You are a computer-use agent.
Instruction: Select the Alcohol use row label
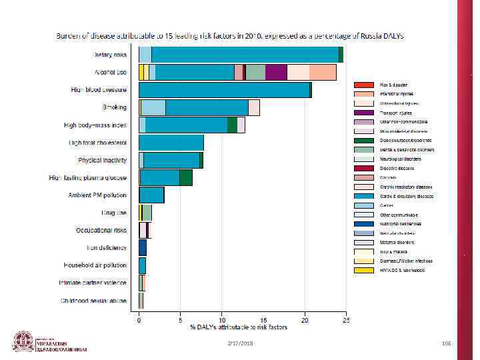pos(111,72)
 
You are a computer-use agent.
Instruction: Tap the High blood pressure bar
pos(224,89)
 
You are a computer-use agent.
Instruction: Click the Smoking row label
pos(115,107)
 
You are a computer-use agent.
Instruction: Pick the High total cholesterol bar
pos(171,142)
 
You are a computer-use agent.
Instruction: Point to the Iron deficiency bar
pos(142,247)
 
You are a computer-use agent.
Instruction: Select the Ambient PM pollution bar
pos(151,195)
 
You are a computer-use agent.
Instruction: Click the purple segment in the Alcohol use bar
pos(276,72)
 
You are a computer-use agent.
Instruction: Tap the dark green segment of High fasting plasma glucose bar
pos(186,177)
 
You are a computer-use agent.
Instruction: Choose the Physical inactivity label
pos(102,160)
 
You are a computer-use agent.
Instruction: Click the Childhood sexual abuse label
pos(93,301)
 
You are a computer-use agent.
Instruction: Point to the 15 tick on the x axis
pos(263,320)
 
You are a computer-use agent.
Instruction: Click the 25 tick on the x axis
pos(346,320)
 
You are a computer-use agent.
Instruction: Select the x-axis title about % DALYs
pos(239,327)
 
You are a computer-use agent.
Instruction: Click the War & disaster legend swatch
pos(363,85)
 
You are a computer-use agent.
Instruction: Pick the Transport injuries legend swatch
pos(363,113)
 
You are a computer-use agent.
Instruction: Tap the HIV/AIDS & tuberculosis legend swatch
pos(363,270)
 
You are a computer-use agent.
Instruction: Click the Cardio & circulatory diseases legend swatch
pos(363,196)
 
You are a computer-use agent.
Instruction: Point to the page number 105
pos(447,343)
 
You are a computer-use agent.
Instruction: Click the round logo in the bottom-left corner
pos(23,341)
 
